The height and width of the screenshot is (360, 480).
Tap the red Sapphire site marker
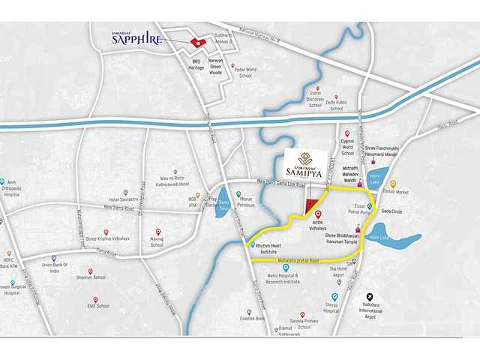coord(197,43)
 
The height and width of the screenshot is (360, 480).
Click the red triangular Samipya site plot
coord(308,207)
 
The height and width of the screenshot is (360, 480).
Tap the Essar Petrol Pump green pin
coord(369,206)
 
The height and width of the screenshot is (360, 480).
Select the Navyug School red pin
coord(157,232)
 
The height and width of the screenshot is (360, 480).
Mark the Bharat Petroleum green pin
coord(238,195)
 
